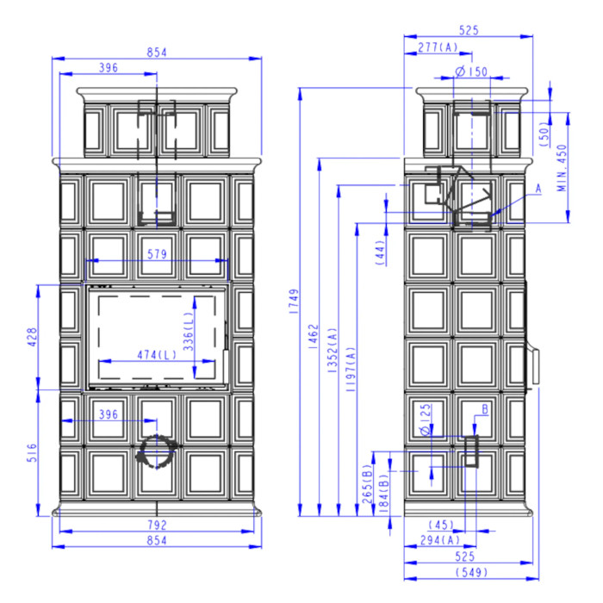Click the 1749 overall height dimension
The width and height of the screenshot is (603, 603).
(x=294, y=301)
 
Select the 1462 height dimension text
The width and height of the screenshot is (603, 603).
(x=314, y=337)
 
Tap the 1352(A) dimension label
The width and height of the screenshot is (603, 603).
(x=333, y=351)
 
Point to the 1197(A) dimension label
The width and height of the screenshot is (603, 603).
(x=351, y=370)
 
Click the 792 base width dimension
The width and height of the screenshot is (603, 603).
(x=157, y=525)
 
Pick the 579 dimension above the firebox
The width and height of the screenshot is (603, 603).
(x=157, y=254)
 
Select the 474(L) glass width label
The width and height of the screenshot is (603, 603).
(x=157, y=355)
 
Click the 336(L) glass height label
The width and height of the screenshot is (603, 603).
(x=188, y=331)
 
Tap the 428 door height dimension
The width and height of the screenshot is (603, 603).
(x=33, y=337)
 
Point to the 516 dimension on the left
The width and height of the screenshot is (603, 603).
(x=33, y=452)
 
